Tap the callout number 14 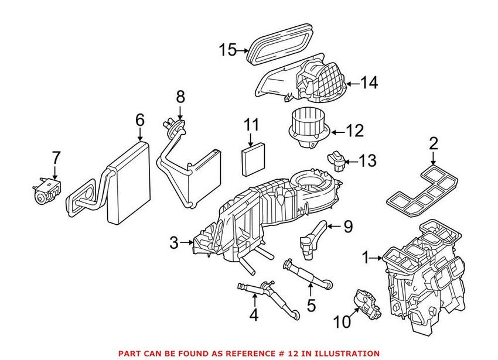[x=369, y=83]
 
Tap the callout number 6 [x=139, y=120]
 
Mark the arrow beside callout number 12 [x=340, y=131]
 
